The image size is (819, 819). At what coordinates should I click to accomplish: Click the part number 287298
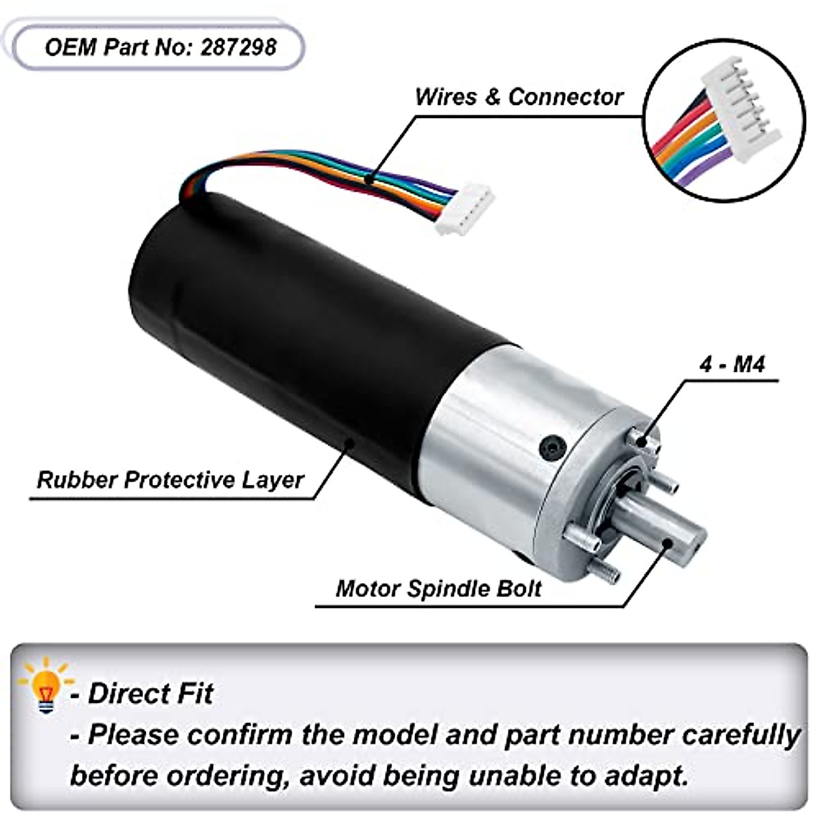[239, 47]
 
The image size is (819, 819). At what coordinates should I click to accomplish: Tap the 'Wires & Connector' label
[519, 97]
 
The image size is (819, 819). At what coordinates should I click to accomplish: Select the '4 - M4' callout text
[732, 364]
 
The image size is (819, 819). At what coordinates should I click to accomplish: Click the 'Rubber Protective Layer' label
[170, 480]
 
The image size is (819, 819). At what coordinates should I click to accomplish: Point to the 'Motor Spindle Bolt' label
[439, 588]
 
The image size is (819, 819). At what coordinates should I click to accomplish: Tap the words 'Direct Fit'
[150, 694]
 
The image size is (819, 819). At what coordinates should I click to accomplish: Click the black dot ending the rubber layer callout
[350, 443]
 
